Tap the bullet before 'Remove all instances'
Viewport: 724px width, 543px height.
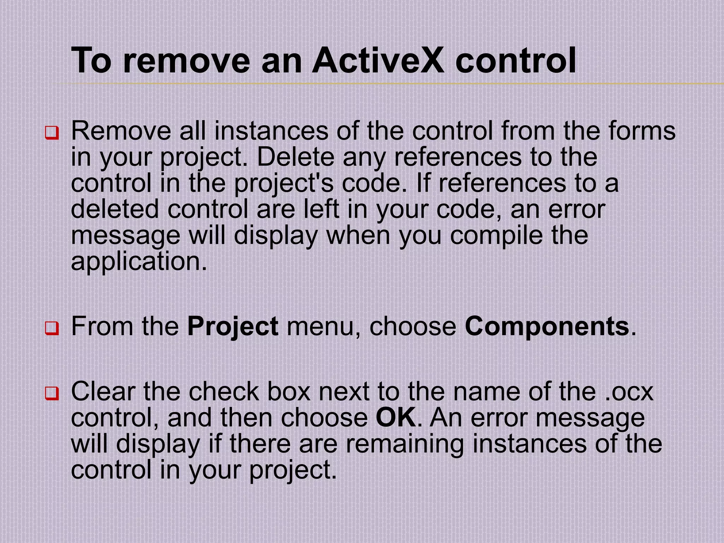[52, 133]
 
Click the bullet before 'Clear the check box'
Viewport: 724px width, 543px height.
[52, 393]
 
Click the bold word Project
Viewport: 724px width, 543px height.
[233, 327]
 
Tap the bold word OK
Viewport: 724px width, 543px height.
[396, 418]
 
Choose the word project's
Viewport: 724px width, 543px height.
[284, 184]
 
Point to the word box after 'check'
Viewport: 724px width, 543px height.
[288, 392]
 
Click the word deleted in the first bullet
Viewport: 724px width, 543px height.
[115, 209]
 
